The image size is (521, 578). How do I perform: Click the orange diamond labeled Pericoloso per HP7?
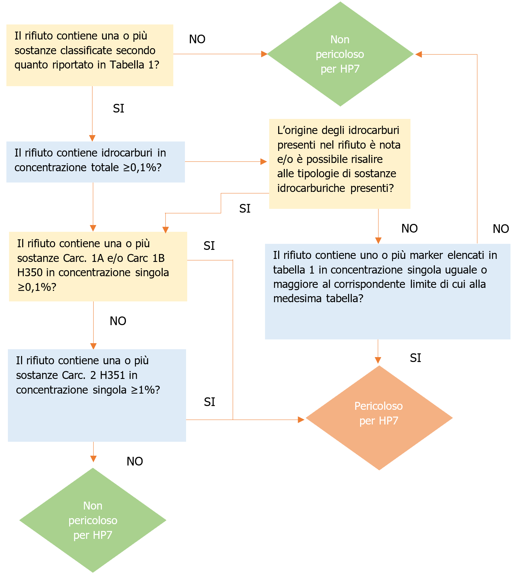click(379, 418)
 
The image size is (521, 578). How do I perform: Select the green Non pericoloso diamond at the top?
click(340, 54)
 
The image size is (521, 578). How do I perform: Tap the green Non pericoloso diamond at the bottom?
click(93, 520)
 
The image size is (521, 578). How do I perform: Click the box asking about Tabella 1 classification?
click(89, 55)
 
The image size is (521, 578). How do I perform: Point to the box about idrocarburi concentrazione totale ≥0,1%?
click(95, 162)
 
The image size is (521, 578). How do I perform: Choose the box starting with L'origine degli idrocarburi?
click(339, 164)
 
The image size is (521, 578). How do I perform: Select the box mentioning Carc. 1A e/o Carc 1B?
click(98, 266)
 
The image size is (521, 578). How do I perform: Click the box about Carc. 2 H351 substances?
click(97, 395)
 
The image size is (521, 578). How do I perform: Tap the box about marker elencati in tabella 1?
click(387, 291)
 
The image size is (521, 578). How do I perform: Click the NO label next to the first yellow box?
click(197, 39)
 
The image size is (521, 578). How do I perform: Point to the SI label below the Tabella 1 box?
click(118, 108)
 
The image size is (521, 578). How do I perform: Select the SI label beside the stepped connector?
click(245, 208)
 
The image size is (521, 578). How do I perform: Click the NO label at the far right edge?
click(501, 229)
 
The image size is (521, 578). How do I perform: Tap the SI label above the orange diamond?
click(415, 358)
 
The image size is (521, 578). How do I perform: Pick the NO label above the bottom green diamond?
click(135, 461)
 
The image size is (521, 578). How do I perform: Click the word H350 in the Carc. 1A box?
click(30, 272)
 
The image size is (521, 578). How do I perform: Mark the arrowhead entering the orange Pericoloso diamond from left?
click(301, 420)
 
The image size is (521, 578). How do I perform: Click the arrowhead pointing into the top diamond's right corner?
click(418, 55)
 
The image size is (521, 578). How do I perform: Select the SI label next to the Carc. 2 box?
click(209, 402)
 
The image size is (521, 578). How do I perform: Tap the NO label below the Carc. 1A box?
click(118, 321)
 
